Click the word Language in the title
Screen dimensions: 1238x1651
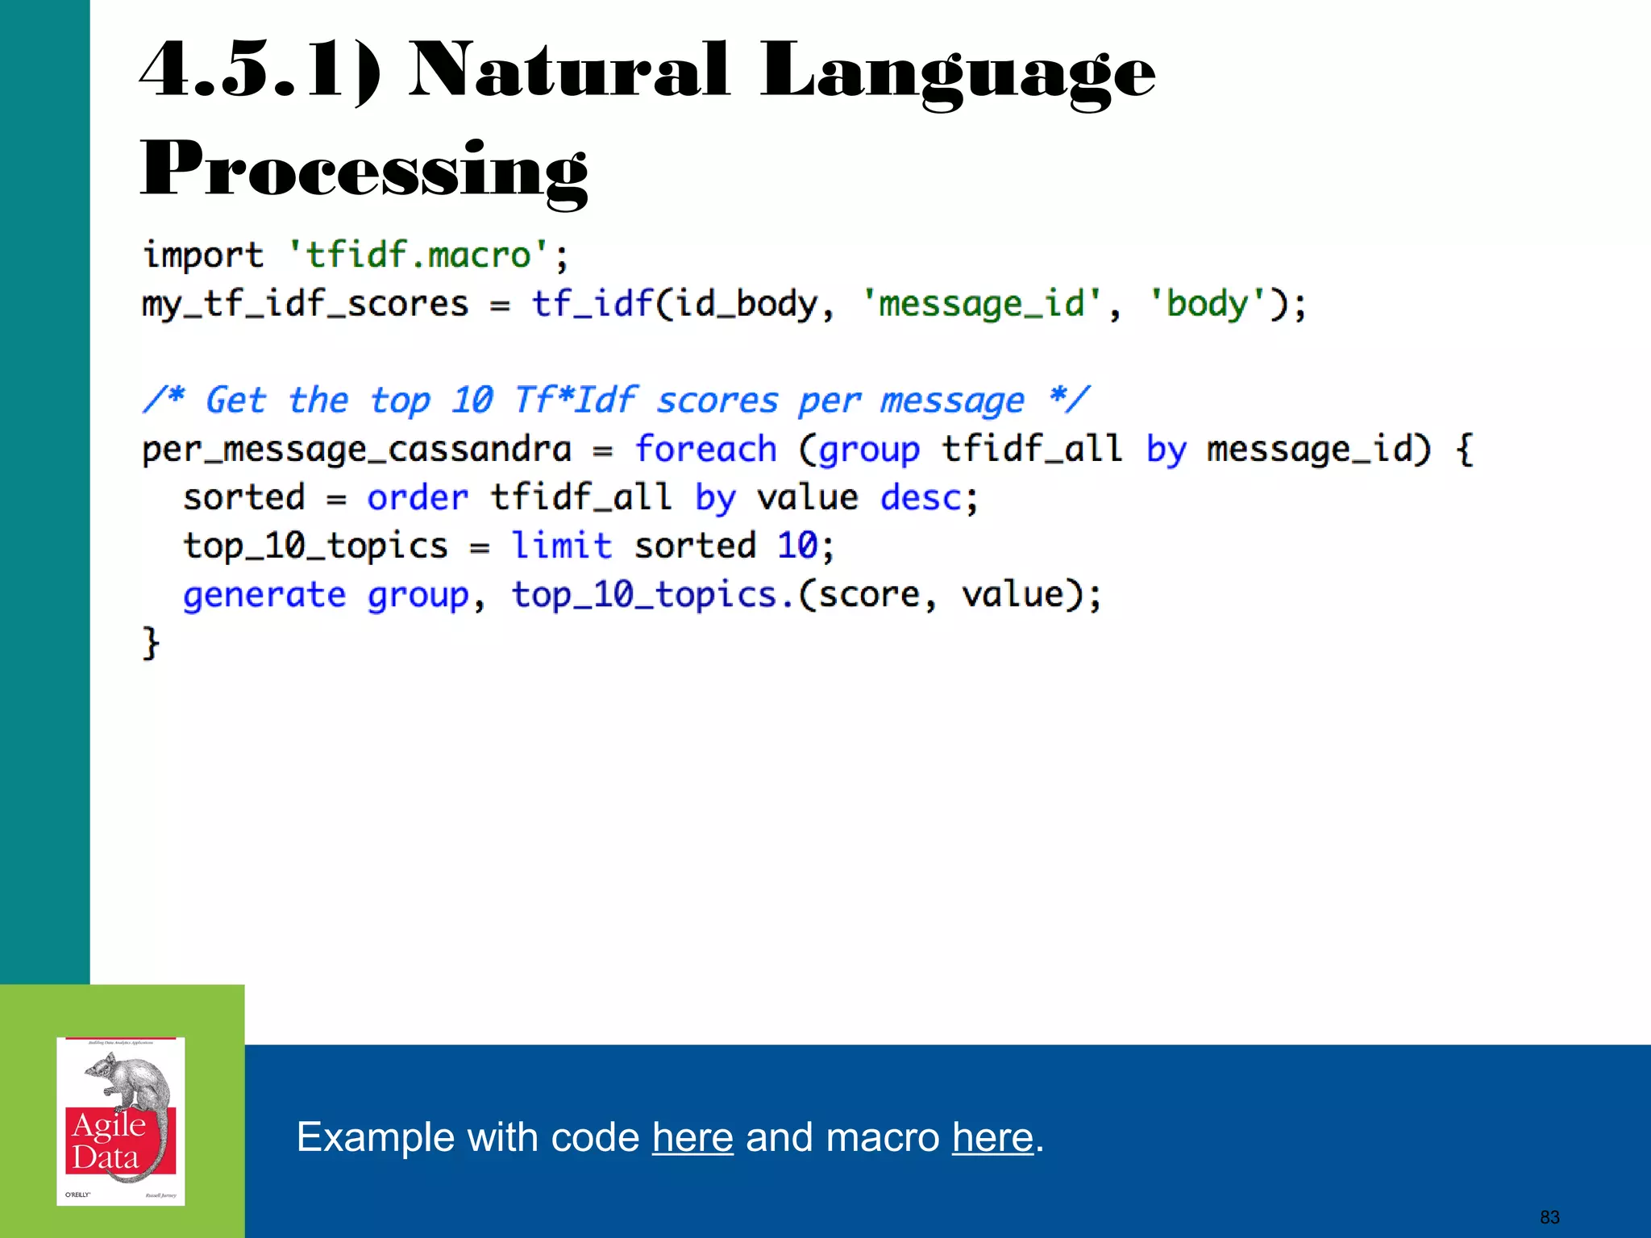pyautogui.click(x=957, y=73)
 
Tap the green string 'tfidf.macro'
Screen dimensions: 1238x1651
pyautogui.click(x=418, y=255)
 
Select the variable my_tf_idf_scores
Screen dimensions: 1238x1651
pyautogui.click(x=305, y=305)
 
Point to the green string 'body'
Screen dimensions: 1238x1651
pyautogui.click(x=1207, y=305)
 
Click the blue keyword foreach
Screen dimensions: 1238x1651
pyautogui.click(x=705, y=450)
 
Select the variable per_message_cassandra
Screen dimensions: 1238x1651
pyautogui.click(x=356, y=450)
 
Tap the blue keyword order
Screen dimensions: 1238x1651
pyautogui.click(x=417, y=498)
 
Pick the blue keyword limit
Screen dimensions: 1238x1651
pyautogui.click(x=562, y=546)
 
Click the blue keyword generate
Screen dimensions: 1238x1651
pyautogui.click(x=264, y=596)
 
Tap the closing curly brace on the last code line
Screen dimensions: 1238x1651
pyautogui.click(x=151, y=643)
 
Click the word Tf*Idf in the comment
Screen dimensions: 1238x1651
pyautogui.click(x=575, y=401)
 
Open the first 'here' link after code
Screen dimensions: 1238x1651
pyautogui.click(x=692, y=1137)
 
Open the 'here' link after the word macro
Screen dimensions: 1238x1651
pyautogui.click(x=992, y=1137)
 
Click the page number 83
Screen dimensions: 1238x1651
pyautogui.click(x=1549, y=1217)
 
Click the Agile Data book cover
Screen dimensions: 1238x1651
pyautogui.click(x=121, y=1121)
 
